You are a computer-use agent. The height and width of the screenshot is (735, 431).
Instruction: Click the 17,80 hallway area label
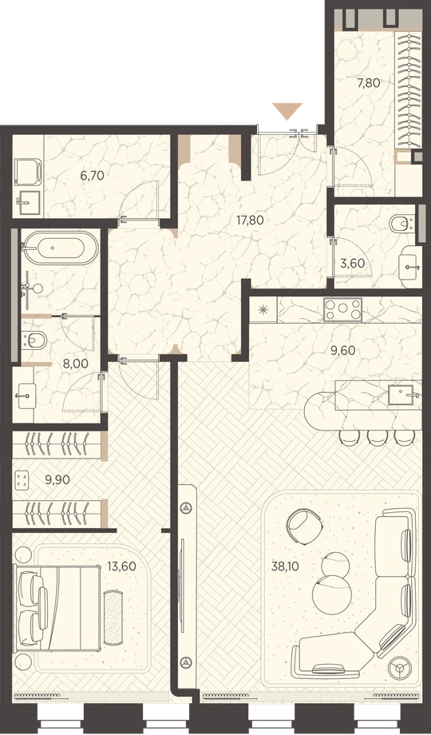(x=250, y=220)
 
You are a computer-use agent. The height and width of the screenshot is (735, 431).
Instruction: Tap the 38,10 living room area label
(x=285, y=566)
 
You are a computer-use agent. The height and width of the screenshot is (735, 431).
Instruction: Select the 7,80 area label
(x=368, y=83)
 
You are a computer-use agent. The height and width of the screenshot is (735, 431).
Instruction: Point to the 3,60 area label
(x=353, y=264)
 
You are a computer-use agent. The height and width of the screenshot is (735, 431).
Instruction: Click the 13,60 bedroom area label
(x=122, y=566)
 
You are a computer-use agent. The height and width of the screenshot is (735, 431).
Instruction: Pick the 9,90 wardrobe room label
(x=57, y=479)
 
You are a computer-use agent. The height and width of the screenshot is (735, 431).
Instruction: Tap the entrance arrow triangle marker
(x=287, y=112)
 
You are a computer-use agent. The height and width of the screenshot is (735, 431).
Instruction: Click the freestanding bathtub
(x=61, y=248)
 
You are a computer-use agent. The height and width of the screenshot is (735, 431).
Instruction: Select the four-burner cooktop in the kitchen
(x=342, y=309)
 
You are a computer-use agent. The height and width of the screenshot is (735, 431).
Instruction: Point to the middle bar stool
(x=376, y=437)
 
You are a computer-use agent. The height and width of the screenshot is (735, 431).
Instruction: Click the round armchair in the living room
(x=305, y=526)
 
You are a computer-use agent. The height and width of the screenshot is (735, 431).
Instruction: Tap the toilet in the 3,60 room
(x=402, y=223)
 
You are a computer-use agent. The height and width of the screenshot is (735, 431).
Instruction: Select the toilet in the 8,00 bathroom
(x=34, y=340)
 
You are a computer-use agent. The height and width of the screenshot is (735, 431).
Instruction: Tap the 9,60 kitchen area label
(x=343, y=350)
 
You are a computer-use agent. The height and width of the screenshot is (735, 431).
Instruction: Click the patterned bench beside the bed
(x=113, y=612)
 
